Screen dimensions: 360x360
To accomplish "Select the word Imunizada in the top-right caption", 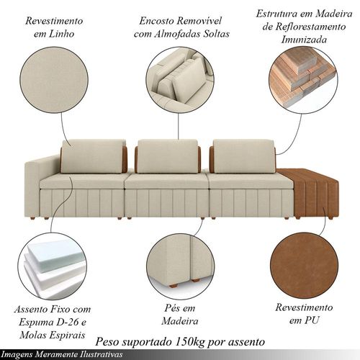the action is [304, 40].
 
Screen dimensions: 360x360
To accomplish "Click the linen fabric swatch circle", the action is [54, 80].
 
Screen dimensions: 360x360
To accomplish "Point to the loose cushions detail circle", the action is [180, 81].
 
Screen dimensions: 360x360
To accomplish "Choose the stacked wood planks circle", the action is [303, 81].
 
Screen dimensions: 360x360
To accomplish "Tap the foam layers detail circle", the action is [53, 266].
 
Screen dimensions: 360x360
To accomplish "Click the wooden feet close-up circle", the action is [181, 266].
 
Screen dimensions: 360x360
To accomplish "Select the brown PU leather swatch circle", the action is [304, 266].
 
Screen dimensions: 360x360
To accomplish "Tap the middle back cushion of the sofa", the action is [168, 156].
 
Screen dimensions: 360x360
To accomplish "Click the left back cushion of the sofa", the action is [92, 156].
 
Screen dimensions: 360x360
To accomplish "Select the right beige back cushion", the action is [244, 156].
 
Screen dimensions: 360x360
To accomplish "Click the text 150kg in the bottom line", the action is [190, 342].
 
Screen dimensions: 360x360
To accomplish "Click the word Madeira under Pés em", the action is [180, 321].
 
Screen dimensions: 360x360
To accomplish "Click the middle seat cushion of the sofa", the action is [167, 181].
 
